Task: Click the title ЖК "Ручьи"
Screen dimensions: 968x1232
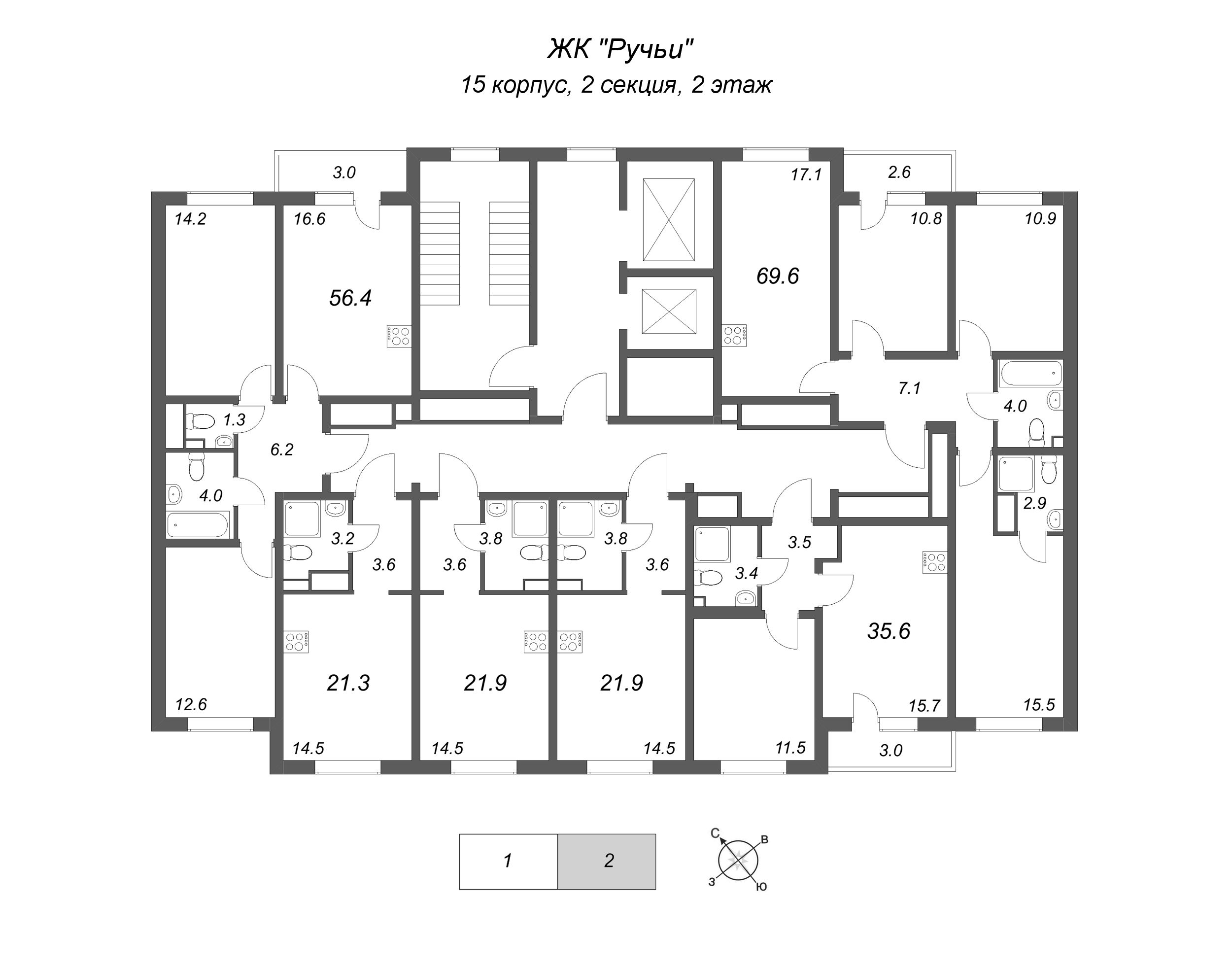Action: pyautogui.click(x=620, y=49)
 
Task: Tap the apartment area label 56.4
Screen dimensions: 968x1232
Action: pyautogui.click(x=350, y=298)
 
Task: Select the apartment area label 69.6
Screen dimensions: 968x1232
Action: pyautogui.click(x=777, y=276)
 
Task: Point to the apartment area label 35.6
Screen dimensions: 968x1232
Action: pyautogui.click(x=888, y=631)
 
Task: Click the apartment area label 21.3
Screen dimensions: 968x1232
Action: pyautogui.click(x=348, y=683)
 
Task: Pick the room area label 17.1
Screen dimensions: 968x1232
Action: pyautogui.click(x=806, y=174)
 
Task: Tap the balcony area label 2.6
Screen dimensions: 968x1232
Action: pyautogui.click(x=899, y=172)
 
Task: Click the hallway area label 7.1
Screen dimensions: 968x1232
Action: pyautogui.click(x=909, y=388)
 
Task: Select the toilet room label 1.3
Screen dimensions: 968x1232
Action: pyautogui.click(x=234, y=420)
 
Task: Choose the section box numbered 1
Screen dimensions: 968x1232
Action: pyautogui.click(x=508, y=861)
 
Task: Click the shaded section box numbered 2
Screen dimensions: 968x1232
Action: pyautogui.click(x=607, y=861)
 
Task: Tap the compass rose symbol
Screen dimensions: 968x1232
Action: pyautogui.click(x=738, y=862)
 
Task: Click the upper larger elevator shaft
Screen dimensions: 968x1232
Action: pyautogui.click(x=669, y=220)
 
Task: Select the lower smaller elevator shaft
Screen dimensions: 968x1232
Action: pyautogui.click(x=669, y=311)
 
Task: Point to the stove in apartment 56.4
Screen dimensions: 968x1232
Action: pyautogui.click(x=399, y=336)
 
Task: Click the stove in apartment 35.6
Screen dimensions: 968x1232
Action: pyautogui.click(x=934, y=562)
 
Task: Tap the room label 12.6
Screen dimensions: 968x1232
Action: pyautogui.click(x=191, y=704)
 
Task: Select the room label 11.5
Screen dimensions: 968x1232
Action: pyautogui.click(x=790, y=748)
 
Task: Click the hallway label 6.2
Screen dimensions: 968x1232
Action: pyautogui.click(x=282, y=450)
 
